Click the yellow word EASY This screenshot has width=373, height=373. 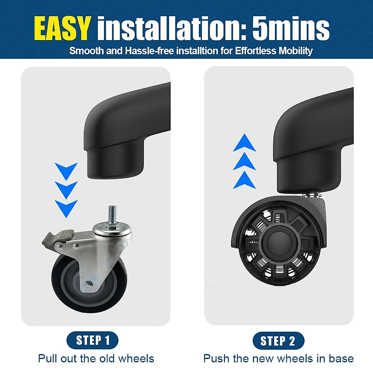62,29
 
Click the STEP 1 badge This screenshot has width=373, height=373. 93,340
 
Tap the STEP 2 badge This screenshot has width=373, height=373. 278,341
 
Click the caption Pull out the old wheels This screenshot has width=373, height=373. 96,358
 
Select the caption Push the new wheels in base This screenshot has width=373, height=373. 279,358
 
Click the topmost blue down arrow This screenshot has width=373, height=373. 66,170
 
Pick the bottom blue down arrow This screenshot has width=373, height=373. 66,208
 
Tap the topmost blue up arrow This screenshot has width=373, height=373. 245,143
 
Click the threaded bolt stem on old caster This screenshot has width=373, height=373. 112,214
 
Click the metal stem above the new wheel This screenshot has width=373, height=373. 311,195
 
